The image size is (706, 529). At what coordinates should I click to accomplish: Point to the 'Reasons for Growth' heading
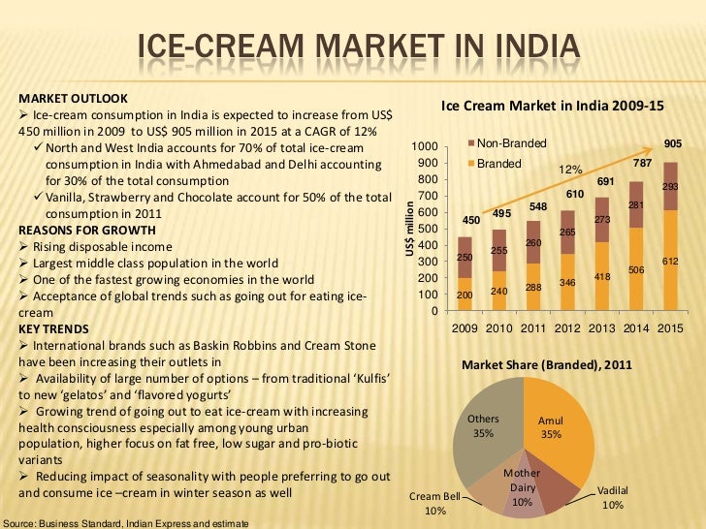pyautogui.click(x=86, y=230)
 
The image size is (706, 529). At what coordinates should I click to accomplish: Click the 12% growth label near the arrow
pyautogui.click(x=569, y=170)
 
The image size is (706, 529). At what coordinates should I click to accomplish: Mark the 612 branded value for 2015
pyautogui.click(x=670, y=262)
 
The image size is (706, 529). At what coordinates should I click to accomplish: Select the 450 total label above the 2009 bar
pyautogui.click(x=470, y=219)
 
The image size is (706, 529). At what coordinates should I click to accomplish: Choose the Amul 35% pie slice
pyautogui.click(x=558, y=426)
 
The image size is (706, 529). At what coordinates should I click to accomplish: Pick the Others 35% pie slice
pyautogui.click(x=485, y=426)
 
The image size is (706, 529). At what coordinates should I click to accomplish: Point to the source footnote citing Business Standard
pyautogui.click(x=125, y=523)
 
